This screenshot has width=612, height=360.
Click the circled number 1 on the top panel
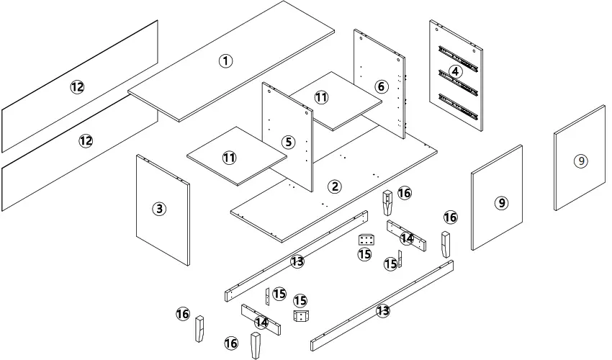226,61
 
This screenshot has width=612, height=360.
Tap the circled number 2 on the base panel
334,186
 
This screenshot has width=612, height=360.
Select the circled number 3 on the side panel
159,210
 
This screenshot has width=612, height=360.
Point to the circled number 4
455,71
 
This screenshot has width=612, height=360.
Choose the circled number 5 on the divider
289,143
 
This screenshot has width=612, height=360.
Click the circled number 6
382,87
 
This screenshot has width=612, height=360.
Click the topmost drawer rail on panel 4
457,56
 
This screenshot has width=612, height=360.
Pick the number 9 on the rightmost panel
580,161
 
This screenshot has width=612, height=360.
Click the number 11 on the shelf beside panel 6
321,97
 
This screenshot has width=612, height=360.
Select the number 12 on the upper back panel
77,87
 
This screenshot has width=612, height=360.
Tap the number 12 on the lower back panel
86,141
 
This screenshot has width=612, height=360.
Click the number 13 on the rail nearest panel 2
297,261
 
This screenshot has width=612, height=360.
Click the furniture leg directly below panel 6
388,204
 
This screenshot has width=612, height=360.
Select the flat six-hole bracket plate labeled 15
365,239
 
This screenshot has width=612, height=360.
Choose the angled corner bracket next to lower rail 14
300,315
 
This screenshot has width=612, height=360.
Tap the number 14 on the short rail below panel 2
408,238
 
